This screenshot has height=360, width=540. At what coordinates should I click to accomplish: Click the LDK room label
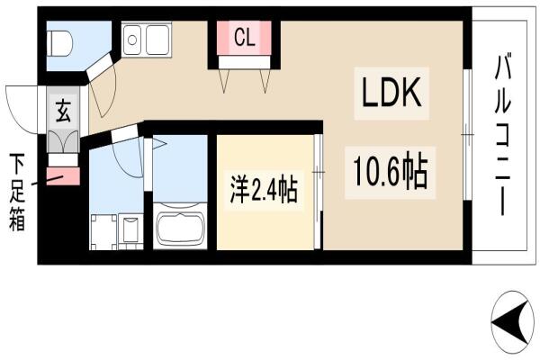click(x=391, y=93)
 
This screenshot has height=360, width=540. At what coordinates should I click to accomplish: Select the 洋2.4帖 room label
click(x=264, y=190)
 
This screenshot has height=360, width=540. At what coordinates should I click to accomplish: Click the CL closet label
click(x=245, y=38)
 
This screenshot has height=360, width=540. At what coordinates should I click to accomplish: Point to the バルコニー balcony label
click(x=503, y=134)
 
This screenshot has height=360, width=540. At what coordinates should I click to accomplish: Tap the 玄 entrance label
click(x=63, y=111)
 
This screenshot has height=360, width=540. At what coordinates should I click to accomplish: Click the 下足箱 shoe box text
click(x=17, y=192)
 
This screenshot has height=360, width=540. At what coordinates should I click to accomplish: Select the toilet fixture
click(x=60, y=44)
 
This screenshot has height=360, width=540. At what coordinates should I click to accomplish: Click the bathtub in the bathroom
click(x=180, y=226)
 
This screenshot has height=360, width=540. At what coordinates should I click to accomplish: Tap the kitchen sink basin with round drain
click(x=132, y=40)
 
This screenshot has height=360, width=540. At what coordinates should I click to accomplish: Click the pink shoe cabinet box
click(x=63, y=176)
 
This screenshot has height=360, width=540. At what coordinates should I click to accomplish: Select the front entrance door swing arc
click(x=20, y=110)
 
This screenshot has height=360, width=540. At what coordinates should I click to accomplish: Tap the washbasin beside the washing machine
click(x=130, y=231)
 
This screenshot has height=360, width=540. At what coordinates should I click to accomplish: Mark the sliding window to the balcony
click(x=467, y=134)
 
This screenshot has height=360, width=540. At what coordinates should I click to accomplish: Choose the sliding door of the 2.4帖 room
click(x=319, y=192)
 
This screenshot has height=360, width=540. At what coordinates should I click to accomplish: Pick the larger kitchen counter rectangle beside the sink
click(x=157, y=40)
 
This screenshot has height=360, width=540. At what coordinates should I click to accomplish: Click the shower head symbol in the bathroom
click(x=159, y=143)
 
